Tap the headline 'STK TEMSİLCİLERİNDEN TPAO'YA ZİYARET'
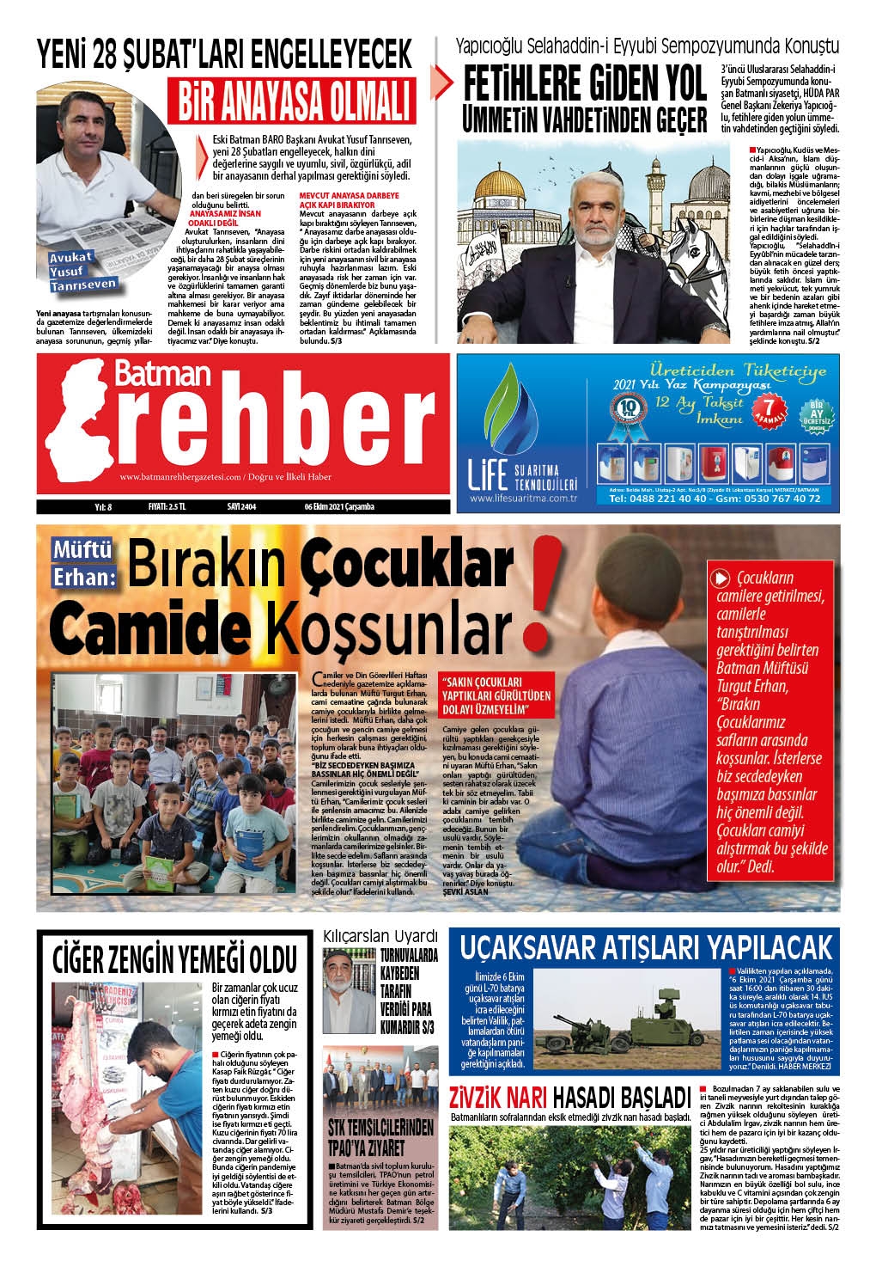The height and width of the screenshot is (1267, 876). click(x=380, y=1137)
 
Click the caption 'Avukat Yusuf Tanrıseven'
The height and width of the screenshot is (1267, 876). click(x=82, y=271)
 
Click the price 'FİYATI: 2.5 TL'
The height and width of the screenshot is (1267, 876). click(x=172, y=506)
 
